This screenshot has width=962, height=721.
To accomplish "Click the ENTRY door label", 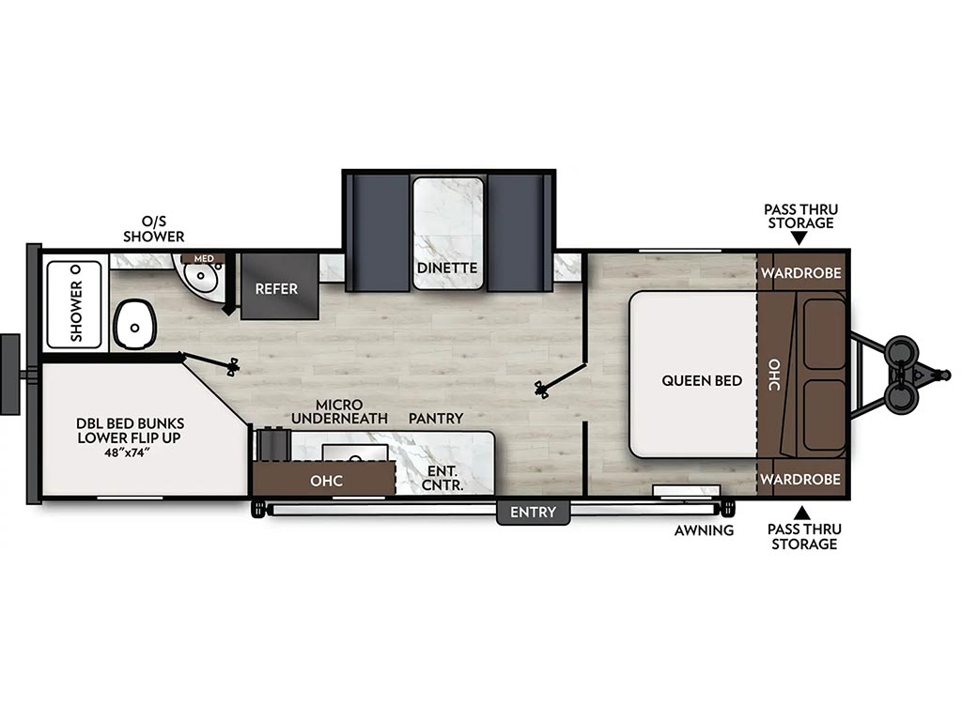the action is point(534,512).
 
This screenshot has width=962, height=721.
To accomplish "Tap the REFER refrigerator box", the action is point(279,285).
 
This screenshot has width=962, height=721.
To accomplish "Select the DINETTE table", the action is point(448,233).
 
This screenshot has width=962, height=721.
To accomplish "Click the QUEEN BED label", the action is point(701,381).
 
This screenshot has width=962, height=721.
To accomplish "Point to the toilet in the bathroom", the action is point(135,325).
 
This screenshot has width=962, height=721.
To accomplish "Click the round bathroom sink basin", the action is point(201,276).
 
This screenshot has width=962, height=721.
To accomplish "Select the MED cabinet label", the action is point(204,258).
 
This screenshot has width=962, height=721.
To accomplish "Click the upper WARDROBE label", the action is point(800,273).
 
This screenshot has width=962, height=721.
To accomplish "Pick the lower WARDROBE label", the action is point(800,479).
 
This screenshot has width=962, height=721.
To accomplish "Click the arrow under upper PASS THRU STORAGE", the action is point(799,238).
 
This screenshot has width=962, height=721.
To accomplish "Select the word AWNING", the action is point(704,530).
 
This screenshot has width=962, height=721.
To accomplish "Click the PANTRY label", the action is point(436,418).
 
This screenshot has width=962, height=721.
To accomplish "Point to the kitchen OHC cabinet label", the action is point(326,481).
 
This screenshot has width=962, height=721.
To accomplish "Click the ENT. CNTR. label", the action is point(442,478).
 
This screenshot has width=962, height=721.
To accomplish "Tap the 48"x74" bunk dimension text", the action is point(128,453).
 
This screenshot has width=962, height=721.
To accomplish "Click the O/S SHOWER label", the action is point(153,229).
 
